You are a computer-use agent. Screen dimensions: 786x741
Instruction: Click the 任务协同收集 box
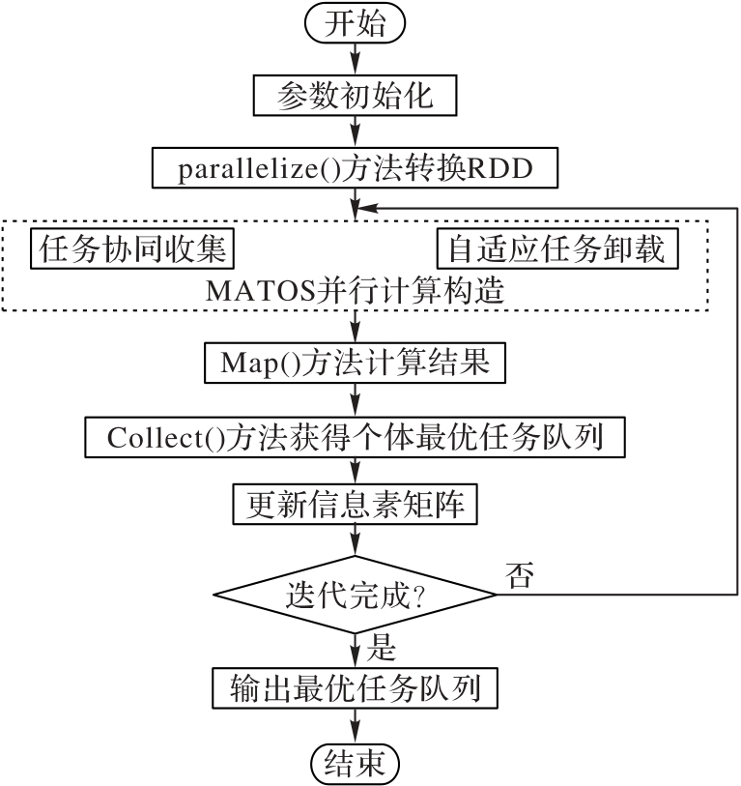(x=133, y=248)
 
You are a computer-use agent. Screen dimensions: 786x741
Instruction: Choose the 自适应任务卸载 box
(x=557, y=248)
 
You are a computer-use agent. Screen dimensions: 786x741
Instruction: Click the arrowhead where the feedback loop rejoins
(x=368, y=207)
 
